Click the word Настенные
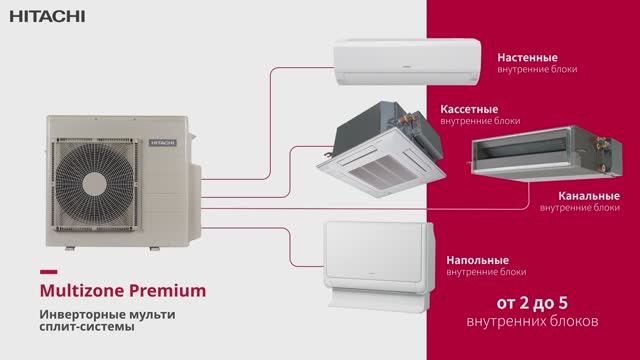coord(527,58)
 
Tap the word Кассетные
coord(469,109)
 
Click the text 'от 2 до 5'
coord(533,305)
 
